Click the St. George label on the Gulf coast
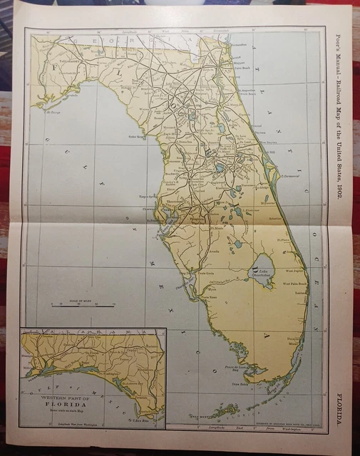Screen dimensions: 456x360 [53, 112]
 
